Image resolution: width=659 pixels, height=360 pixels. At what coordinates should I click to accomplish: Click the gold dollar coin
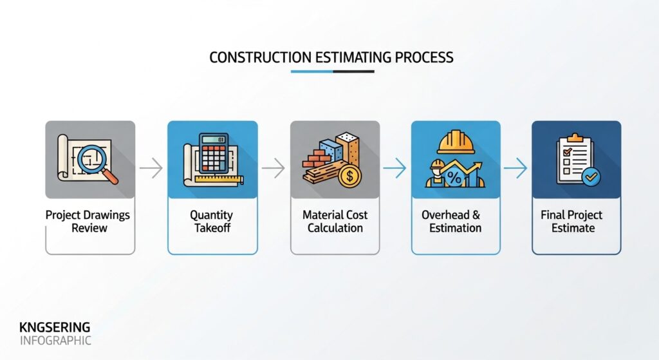pyautogui.click(x=350, y=175)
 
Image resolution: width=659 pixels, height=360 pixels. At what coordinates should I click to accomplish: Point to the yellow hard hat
pyautogui.click(x=455, y=142)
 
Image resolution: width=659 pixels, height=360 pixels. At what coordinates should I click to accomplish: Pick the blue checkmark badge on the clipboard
pyautogui.click(x=589, y=176)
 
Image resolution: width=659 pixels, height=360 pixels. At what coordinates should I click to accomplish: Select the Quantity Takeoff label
pyautogui.click(x=212, y=221)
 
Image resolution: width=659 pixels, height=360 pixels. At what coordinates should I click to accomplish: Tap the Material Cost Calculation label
pyautogui.click(x=335, y=221)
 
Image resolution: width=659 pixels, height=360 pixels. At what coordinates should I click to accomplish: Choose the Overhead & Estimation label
pyautogui.click(x=456, y=221)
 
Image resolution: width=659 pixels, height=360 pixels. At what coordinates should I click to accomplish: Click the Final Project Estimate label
pyautogui.click(x=576, y=221)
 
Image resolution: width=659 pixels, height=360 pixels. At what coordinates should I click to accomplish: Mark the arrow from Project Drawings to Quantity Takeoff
pyautogui.click(x=151, y=169)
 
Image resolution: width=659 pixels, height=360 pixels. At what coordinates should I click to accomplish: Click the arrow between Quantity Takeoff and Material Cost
pyautogui.click(x=274, y=169)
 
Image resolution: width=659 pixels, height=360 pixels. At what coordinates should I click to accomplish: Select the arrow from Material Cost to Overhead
pyautogui.click(x=394, y=169)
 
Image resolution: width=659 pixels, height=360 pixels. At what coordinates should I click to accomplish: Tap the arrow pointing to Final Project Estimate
pyautogui.click(x=515, y=169)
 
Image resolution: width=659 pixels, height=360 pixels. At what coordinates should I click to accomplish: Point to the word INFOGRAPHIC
pyautogui.click(x=55, y=340)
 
